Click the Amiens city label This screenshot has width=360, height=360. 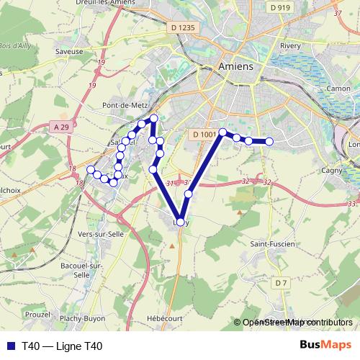tap(235, 66)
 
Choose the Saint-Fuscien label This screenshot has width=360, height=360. tap(271, 244)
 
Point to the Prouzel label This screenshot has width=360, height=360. tap(37, 315)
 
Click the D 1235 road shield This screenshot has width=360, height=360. tap(184, 27)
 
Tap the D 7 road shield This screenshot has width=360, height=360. tap(281, 283)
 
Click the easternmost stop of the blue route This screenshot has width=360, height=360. tap(269, 142)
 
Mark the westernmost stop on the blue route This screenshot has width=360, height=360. tap(91, 170)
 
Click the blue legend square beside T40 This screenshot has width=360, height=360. tap(12, 346)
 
